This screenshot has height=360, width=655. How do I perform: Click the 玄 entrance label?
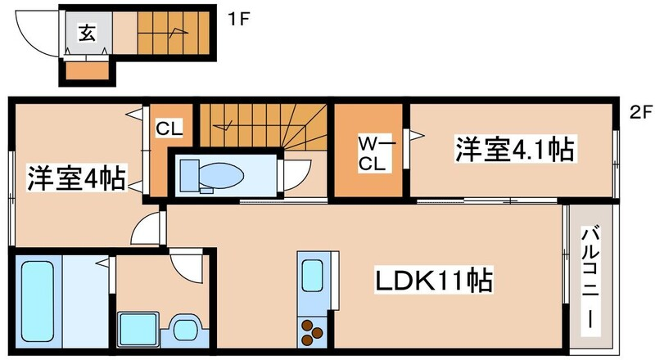pyautogui.click(x=88, y=32)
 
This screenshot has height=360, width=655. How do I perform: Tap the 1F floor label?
pyautogui.click(x=238, y=19)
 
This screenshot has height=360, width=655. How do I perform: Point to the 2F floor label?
pyautogui.click(x=640, y=112)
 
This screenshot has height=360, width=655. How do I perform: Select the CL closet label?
pyautogui.click(x=169, y=128)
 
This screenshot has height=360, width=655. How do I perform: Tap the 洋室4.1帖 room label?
pyautogui.click(x=515, y=149)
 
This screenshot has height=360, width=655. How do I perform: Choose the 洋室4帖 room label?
pyautogui.click(x=76, y=178)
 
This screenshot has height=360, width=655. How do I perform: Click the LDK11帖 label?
pyautogui.click(x=434, y=281)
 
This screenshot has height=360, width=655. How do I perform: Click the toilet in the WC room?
pyautogui.click(x=212, y=175)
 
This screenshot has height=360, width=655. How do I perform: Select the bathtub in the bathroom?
pyautogui.click(x=38, y=302)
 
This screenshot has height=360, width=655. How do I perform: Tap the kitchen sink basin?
pyautogui.click(x=312, y=276)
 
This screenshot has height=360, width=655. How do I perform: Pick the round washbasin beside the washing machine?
pyautogui.click(x=185, y=330)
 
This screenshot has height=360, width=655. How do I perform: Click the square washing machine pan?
pyautogui.click(x=138, y=330)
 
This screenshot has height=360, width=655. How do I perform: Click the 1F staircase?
pyautogui.click(x=174, y=33)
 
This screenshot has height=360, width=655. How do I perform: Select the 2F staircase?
pyautogui.click(x=263, y=126)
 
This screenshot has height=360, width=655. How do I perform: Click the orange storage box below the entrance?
pyautogui.click(x=88, y=71)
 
